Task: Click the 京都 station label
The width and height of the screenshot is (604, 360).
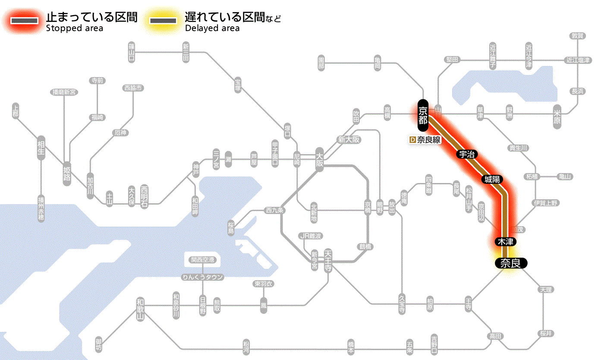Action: [423, 115]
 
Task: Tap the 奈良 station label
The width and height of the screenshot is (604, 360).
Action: [510, 263]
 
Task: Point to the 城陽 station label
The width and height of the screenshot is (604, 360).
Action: [492, 179]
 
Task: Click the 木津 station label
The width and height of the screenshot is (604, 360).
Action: [505, 242]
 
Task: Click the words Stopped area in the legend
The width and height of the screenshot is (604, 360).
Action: [74, 28]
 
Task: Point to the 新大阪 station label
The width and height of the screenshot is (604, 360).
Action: [349, 140]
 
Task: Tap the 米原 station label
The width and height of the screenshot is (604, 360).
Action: [557, 117]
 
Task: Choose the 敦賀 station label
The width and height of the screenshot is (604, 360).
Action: [578, 36]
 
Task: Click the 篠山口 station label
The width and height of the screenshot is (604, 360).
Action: [132, 52]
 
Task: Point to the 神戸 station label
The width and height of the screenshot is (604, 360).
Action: [196, 170]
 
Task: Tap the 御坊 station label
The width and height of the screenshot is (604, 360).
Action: [99, 345]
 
